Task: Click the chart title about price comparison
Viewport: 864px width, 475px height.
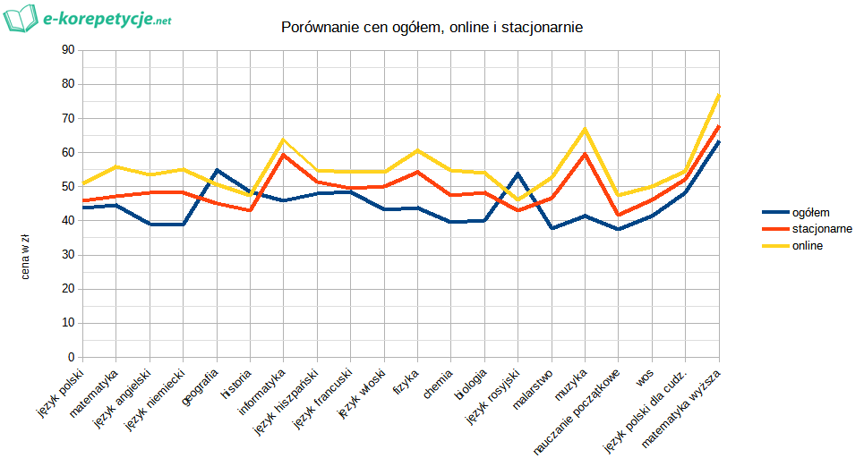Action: click(x=432, y=29)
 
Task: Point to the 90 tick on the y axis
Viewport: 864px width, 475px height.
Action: click(x=66, y=50)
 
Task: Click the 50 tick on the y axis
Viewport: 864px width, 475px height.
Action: click(x=66, y=187)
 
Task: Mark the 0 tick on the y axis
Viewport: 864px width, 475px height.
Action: click(x=70, y=358)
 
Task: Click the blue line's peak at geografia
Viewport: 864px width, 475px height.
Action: click(x=217, y=170)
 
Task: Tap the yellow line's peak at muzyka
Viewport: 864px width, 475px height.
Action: click(x=586, y=129)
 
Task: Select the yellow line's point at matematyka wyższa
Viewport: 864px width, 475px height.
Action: click(x=719, y=95)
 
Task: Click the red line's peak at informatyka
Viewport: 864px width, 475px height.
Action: click(x=284, y=155)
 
